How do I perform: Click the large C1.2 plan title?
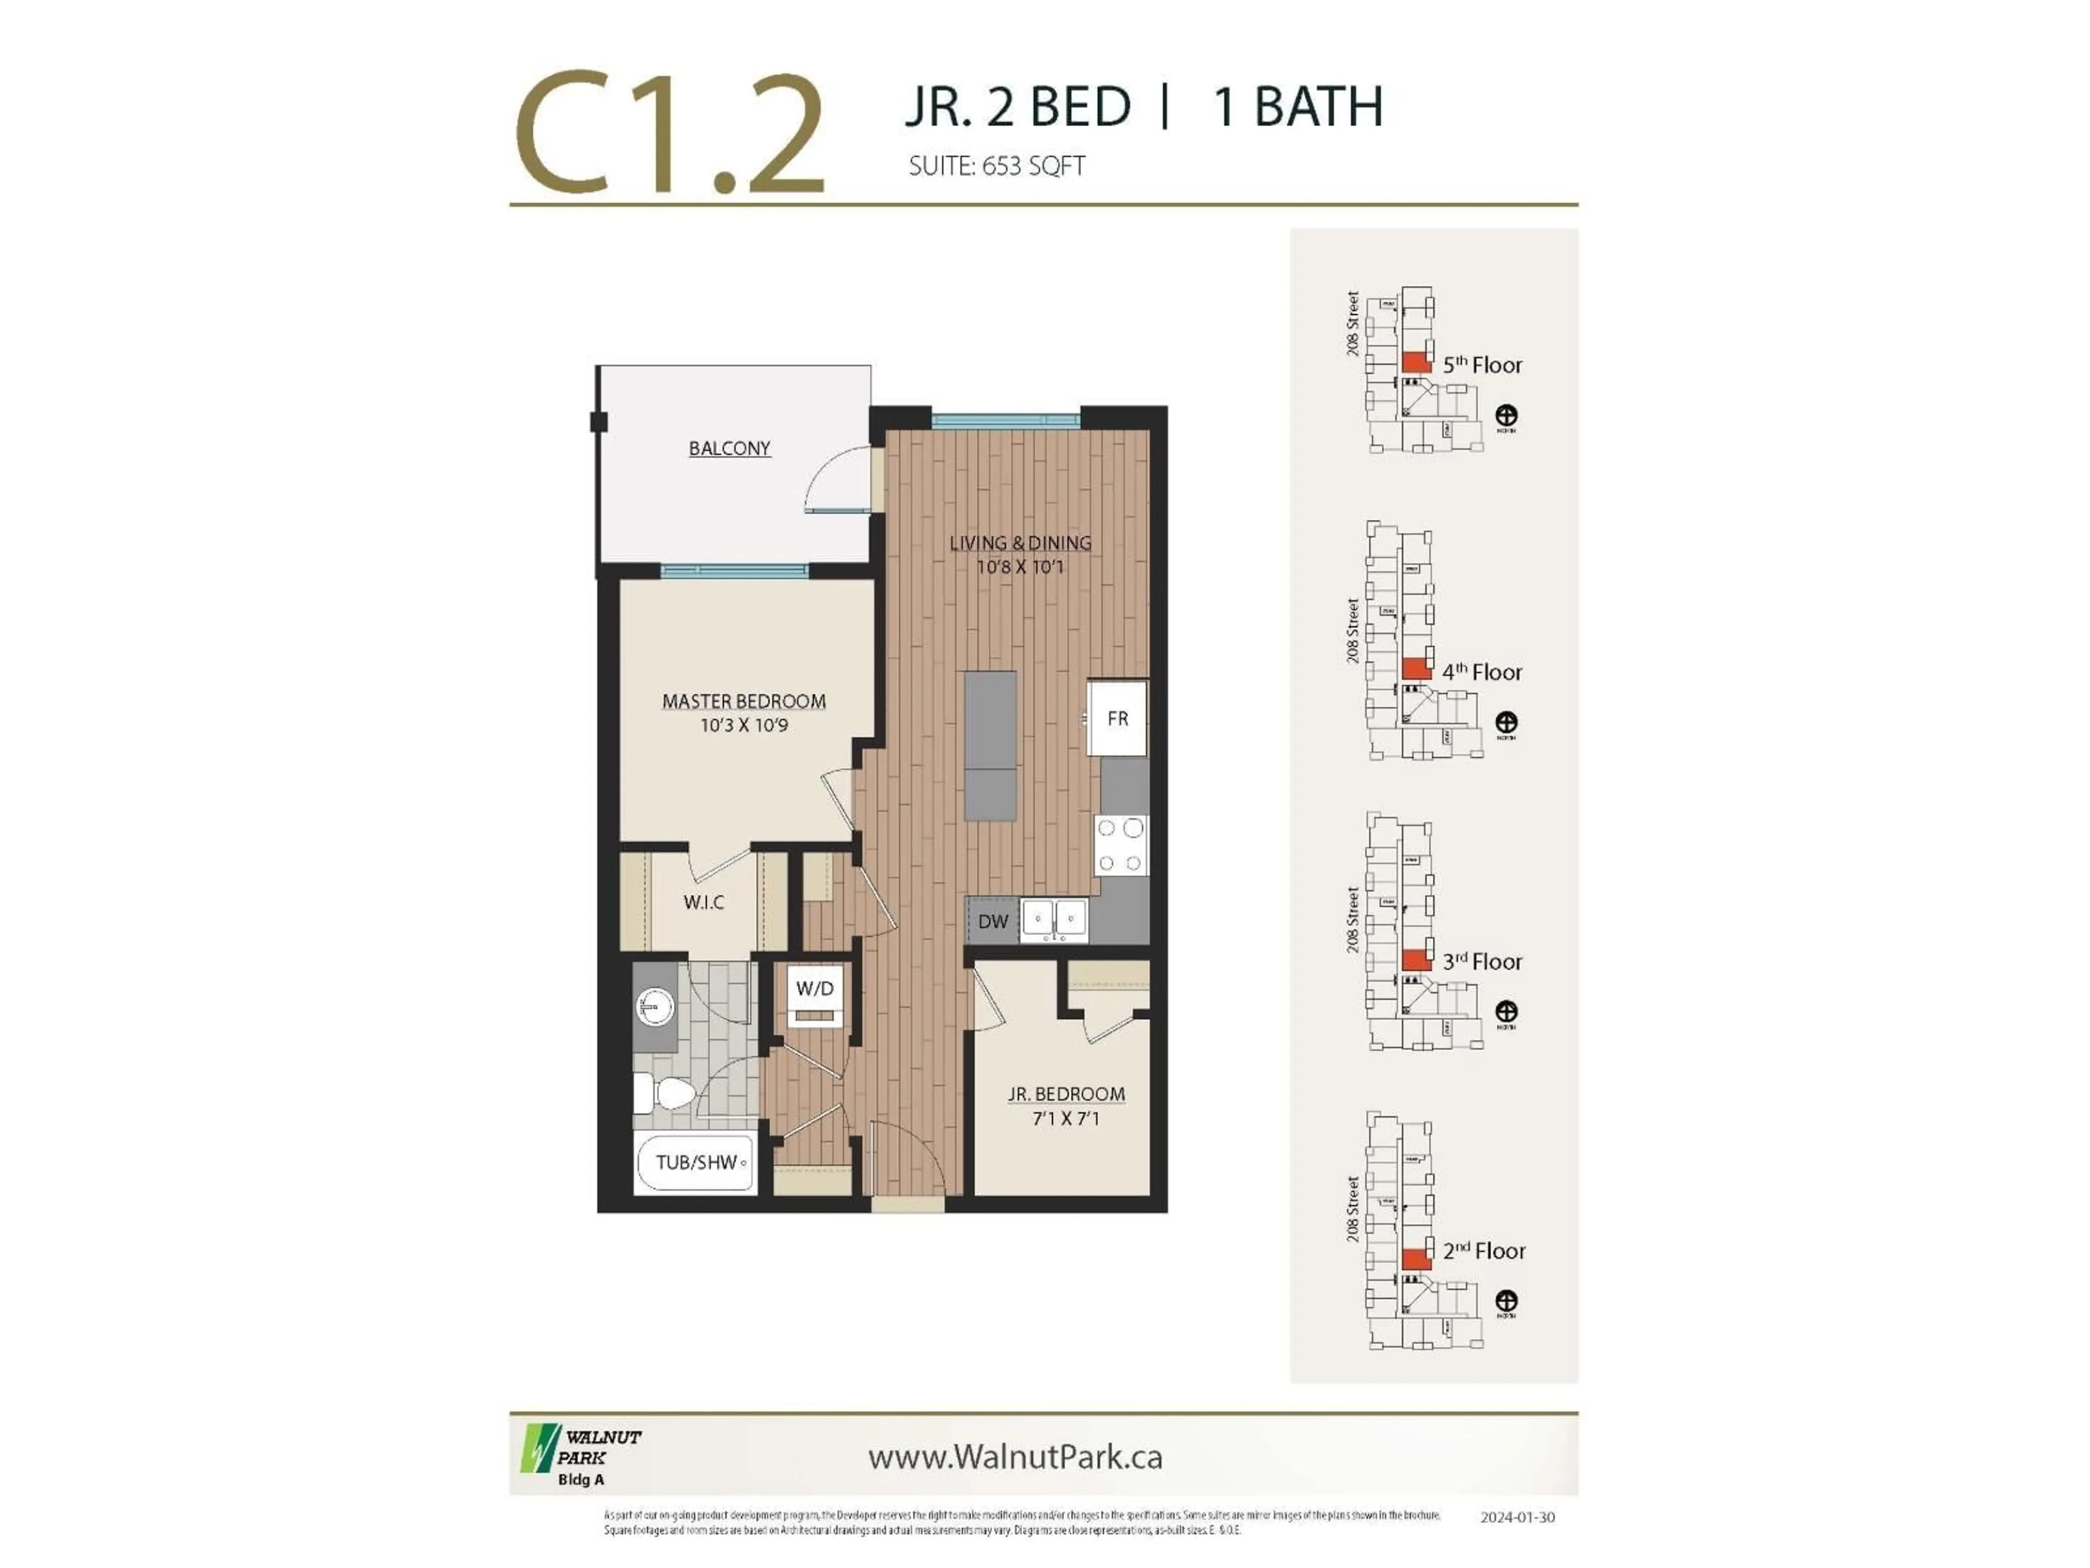click(x=669, y=132)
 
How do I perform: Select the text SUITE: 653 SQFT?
click(x=996, y=167)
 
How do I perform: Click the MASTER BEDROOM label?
click(x=743, y=701)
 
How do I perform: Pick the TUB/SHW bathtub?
click(x=696, y=1162)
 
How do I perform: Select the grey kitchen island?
click(x=990, y=746)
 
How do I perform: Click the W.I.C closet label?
click(x=703, y=903)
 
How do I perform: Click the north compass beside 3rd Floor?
click(x=1506, y=1012)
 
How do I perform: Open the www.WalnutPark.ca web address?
click(x=1015, y=1456)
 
